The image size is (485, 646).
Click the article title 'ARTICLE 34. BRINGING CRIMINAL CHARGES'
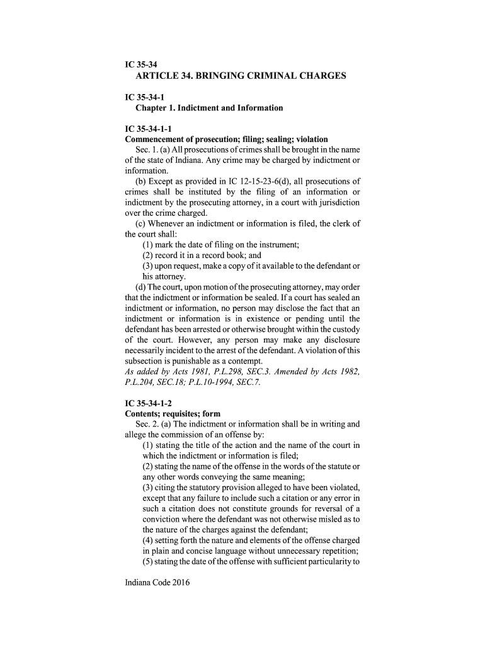[241, 76]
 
